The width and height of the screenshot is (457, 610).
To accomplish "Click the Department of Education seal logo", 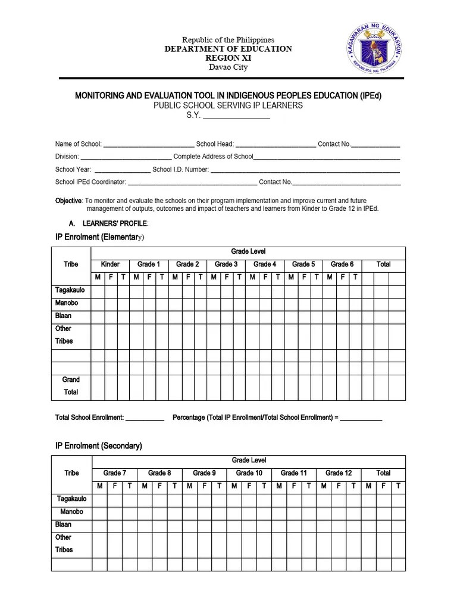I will [x=373, y=49].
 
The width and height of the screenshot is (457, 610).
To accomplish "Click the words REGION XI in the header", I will [x=228, y=58].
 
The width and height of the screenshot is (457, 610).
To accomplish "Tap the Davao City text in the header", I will [x=228, y=67].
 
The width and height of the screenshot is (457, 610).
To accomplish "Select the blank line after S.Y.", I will [x=236, y=116].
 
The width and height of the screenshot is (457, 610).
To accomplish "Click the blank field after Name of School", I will [x=148, y=144].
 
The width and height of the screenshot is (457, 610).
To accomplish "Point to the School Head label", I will [x=215, y=144].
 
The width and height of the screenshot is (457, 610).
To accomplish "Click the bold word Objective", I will [x=68, y=201].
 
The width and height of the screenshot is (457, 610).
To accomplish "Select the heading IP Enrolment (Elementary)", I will [x=99, y=237].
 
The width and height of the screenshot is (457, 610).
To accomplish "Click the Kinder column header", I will [x=110, y=264].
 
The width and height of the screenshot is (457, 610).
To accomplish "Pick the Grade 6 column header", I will [x=342, y=264].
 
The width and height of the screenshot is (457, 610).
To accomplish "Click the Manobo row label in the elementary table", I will [x=67, y=303].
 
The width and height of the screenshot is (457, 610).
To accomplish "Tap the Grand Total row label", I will [x=71, y=386].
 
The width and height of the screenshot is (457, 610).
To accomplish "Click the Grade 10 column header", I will [x=249, y=473].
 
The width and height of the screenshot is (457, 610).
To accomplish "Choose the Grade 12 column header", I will [x=339, y=473].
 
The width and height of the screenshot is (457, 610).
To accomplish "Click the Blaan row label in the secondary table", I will [x=63, y=525].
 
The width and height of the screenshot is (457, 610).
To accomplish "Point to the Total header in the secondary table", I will [x=383, y=473].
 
